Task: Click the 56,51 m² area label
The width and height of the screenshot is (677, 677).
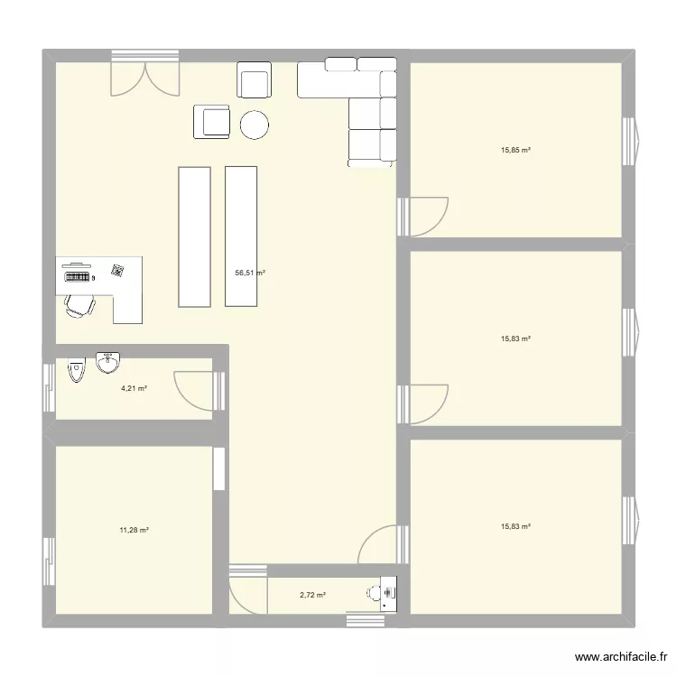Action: (250, 272)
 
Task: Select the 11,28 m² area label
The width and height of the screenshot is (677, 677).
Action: (134, 530)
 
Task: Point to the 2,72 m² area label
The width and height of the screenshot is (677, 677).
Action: (312, 595)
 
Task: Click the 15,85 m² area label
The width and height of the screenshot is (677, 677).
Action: (515, 151)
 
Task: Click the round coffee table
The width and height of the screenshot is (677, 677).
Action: (255, 125)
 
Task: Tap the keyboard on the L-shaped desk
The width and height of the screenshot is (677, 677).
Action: (77, 277)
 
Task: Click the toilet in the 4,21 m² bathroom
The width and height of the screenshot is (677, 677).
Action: (76, 367)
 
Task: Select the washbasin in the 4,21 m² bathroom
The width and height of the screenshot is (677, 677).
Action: (108, 362)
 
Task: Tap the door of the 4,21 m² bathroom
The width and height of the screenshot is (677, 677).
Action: (195, 389)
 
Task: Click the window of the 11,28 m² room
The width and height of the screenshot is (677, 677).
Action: (49, 561)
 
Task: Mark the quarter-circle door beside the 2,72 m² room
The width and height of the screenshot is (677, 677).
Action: (378, 545)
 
